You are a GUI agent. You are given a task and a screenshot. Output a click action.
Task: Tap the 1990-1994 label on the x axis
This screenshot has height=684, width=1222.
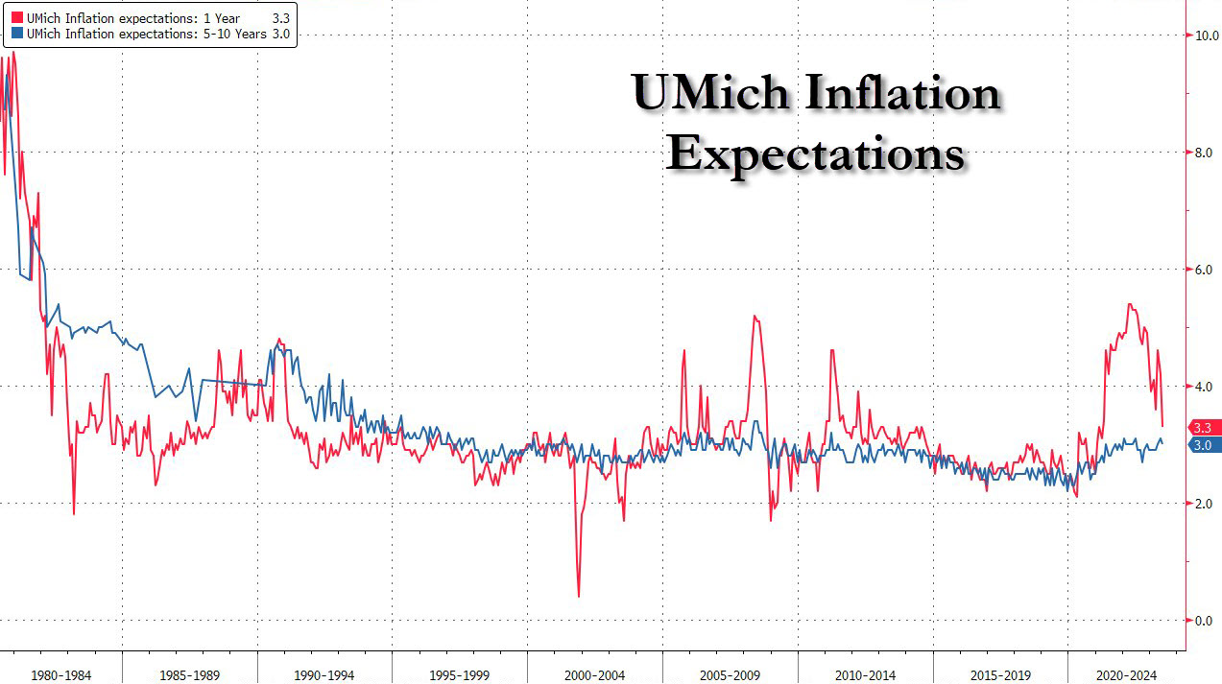click(x=324, y=675)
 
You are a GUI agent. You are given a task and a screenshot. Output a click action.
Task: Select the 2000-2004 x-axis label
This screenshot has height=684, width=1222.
click(x=595, y=675)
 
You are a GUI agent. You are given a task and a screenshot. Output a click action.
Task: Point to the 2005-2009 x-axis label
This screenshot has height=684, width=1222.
click(x=731, y=675)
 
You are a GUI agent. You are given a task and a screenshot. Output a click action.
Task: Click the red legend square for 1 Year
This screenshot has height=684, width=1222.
click(x=15, y=18)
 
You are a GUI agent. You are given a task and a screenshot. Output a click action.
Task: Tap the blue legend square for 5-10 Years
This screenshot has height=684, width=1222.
click(x=15, y=35)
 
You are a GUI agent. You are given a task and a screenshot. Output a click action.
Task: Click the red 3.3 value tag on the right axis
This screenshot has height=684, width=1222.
click(x=1203, y=427)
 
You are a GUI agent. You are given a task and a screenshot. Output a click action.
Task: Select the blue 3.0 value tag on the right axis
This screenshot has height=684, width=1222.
click(x=1203, y=445)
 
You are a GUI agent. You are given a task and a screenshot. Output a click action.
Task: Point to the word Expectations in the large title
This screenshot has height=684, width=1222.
click(x=815, y=153)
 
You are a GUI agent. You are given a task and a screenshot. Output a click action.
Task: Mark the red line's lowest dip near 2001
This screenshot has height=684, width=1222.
click(x=578, y=596)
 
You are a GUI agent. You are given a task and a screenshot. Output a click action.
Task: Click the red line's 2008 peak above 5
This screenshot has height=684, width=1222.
click(x=755, y=317)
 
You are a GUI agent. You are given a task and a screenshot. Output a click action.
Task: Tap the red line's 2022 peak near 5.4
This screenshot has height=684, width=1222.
click(x=1130, y=305)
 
